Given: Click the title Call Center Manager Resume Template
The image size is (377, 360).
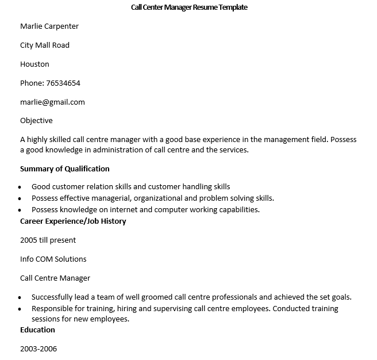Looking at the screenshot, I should point(189,7).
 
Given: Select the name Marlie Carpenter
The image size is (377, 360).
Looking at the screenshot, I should point(49,26).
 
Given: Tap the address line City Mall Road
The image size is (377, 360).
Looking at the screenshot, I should point(45,45).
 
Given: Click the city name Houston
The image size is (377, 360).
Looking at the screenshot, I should point(34,64).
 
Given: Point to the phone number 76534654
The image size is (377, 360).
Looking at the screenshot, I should point(64,83).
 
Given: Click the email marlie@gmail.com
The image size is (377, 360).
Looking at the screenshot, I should point(52,102).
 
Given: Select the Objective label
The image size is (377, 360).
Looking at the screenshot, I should point(36,121).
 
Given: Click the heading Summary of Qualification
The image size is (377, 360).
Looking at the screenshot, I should point(64,169).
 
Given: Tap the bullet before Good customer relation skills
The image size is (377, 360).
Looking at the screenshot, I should point(21,187).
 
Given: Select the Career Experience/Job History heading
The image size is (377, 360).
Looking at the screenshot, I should point(73,221).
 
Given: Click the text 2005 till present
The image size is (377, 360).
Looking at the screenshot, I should point(48,240).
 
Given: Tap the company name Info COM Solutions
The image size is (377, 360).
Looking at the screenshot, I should point(53,259).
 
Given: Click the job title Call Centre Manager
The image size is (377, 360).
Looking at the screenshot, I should point(55,278).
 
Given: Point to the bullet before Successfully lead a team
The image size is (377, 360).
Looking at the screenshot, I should point(21,298).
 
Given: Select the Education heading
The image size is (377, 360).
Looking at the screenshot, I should point(37,330).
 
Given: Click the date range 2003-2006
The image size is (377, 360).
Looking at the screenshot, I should point(39,349).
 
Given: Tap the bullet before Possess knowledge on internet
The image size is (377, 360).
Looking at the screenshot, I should point(21,210).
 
